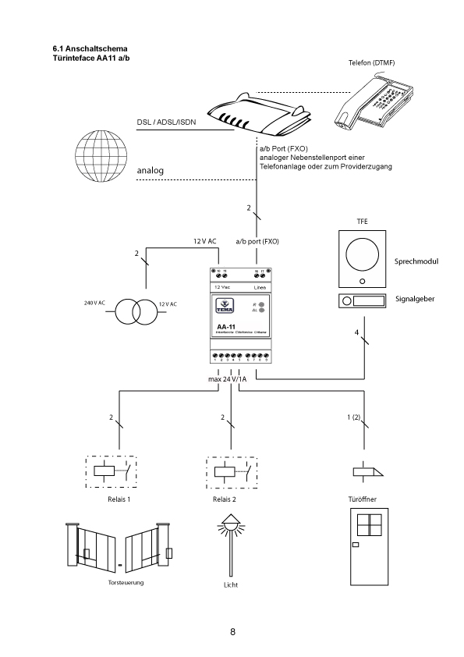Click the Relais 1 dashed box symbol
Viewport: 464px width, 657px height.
click(x=109, y=471)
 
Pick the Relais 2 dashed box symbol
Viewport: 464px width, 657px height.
click(x=231, y=471)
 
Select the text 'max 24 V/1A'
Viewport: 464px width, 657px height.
click(x=227, y=379)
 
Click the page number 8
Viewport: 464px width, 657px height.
click(x=232, y=630)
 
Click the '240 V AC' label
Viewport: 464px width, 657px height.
click(x=95, y=302)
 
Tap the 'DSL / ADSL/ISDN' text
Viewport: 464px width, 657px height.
click(x=166, y=122)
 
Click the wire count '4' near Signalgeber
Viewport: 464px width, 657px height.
click(x=356, y=333)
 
